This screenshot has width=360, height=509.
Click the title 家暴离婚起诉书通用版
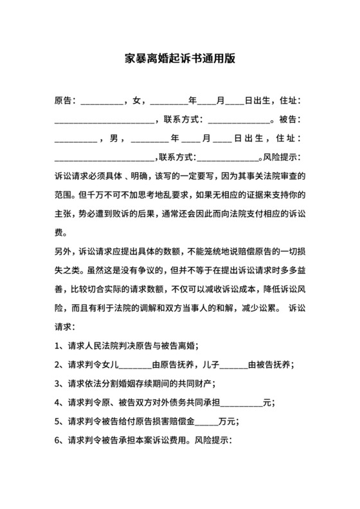[x=179, y=58]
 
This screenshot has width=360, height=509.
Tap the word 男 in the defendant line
[x=114, y=138]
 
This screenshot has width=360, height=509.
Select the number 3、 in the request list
[x=59, y=384]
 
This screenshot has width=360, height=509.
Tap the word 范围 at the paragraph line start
[x=64, y=195]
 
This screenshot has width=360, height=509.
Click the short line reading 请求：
[x=66, y=327]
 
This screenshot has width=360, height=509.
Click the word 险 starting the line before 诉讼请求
[x=60, y=308]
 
